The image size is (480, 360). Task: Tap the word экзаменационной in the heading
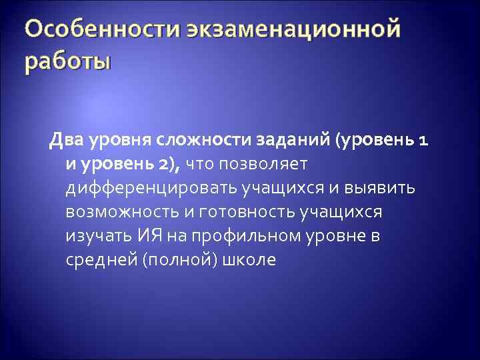pyautogui.click(x=294, y=31)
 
